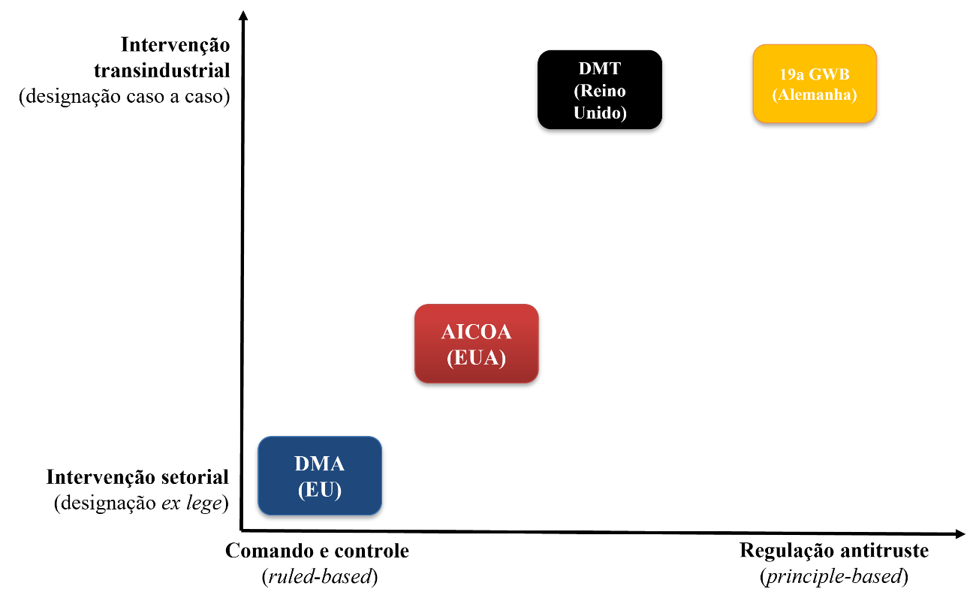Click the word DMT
click(600, 68)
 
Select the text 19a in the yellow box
click(792, 74)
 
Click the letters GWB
click(830, 74)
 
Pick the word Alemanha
click(815, 95)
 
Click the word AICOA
click(477, 332)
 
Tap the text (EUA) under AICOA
click(477, 358)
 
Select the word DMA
click(320, 464)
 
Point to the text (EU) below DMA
click(320, 490)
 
